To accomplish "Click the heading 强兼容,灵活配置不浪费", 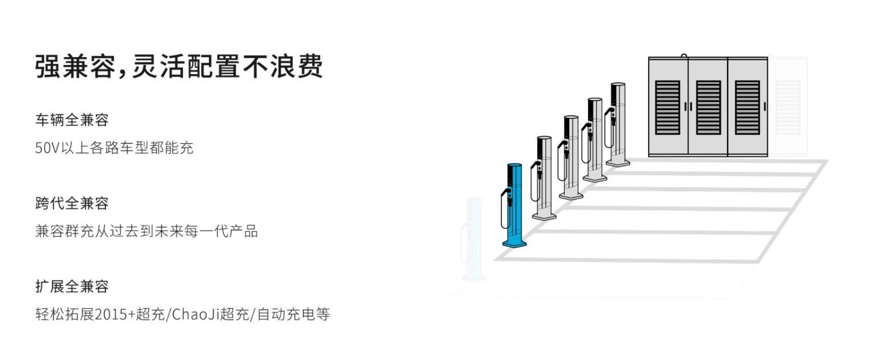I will click(179, 66).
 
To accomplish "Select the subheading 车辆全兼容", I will click(72, 120).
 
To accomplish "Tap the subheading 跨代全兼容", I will click(72, 203).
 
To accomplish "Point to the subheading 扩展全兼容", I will click(72, 286).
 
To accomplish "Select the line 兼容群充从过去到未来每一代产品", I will click(146, 232).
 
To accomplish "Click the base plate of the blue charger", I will click(515, 244).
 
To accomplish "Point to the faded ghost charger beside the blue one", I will click(473, 240).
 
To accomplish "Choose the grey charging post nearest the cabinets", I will click(618, 123).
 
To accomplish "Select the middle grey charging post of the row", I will click(571, 154).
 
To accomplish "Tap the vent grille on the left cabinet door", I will click(667, 107).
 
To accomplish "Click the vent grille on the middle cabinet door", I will click(708, 107).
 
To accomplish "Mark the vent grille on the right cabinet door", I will click(747, 107).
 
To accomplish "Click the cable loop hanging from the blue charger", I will click(503, 211).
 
